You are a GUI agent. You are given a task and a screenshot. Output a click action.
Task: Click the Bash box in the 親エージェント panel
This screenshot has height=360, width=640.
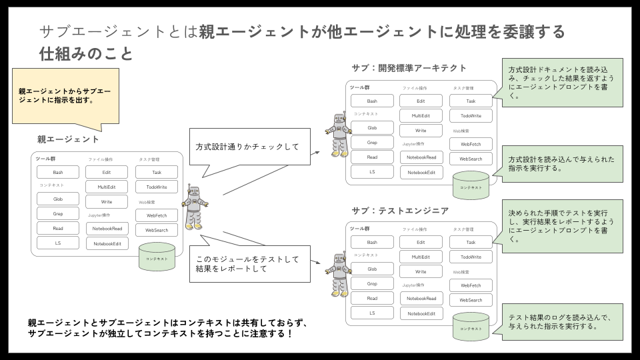point(58,172)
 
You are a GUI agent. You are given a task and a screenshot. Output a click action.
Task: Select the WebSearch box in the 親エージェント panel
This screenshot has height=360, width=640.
point(157,230)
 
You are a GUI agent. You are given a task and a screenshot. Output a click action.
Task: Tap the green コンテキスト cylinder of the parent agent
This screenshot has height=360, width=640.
point(157,257)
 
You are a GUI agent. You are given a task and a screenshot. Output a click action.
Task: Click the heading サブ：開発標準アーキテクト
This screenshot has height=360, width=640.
point(409,69)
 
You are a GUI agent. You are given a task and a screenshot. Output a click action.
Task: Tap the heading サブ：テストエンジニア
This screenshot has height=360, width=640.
point(399,211)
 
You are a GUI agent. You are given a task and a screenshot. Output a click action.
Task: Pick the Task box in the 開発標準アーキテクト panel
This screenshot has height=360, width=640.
point(471,101)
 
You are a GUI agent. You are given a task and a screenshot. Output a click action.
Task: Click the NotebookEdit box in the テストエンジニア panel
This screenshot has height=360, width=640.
point(421,313)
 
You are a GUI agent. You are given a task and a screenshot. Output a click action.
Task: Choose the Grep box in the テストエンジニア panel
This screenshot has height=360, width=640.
point(372,283)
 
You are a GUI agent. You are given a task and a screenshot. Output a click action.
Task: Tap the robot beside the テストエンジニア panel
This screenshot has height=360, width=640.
point(339,273)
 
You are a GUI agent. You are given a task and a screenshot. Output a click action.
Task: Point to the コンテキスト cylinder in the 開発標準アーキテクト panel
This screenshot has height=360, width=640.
point(471,185)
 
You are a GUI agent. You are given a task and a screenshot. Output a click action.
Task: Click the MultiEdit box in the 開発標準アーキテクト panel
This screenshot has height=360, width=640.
point(421,115)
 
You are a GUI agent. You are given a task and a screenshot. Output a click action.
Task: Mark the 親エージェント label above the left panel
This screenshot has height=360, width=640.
point(68,139)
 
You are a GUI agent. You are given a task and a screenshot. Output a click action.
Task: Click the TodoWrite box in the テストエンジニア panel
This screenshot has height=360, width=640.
point(471,257)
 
